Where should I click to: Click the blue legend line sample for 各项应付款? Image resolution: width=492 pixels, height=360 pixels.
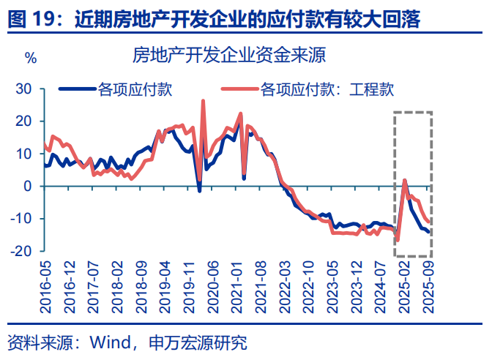click(78, 90)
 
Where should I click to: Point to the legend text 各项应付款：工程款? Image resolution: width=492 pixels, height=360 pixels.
click(327, 90)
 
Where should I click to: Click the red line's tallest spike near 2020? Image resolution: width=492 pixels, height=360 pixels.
click(203, 101)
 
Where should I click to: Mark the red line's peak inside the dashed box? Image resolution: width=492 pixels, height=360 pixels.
click(404, 179)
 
